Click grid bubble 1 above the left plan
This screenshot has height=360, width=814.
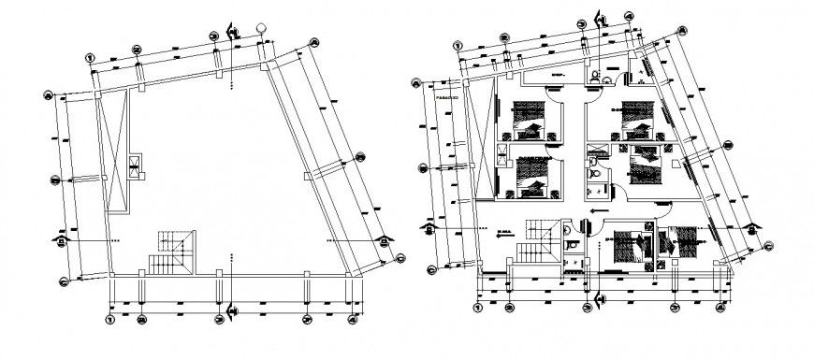click(90, 56)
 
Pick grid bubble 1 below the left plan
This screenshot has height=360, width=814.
click(109, 321)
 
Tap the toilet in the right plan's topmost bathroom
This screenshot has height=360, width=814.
click(593, 78)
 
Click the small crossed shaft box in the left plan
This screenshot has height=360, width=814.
click(137, 166)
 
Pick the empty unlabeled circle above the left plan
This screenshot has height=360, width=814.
click(265, 29)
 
